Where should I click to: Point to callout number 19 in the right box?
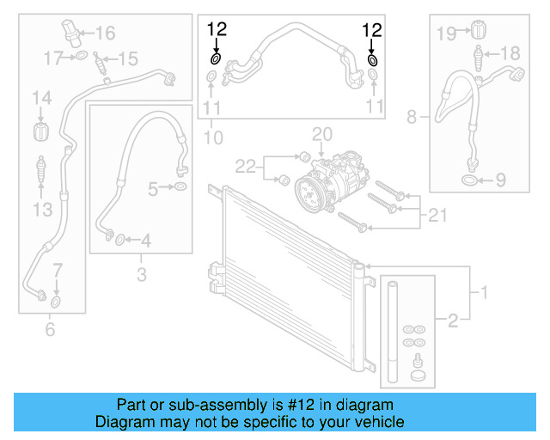point(446,34)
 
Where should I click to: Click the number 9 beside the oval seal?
point(501,180)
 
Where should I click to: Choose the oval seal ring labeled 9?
point(470,180)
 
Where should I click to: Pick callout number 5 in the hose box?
point(153,186)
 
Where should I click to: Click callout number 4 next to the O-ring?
point(145,241)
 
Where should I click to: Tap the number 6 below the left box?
point(49,328)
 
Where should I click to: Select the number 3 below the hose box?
point(142,275)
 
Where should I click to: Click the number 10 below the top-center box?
point(213,137)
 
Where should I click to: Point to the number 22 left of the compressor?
point(247,164)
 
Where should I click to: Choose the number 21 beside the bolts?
point(437,214)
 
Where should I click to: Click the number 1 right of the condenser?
point(484,293)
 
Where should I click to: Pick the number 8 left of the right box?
point(412,115)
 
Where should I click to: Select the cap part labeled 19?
point(472,33)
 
